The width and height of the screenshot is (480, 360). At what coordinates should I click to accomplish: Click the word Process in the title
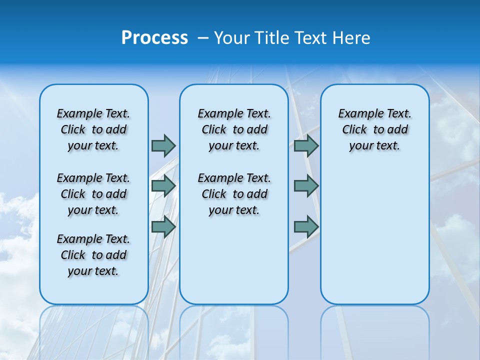click(x=154, y=38)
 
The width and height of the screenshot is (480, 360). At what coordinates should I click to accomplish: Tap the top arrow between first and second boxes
click(x=163, y=145)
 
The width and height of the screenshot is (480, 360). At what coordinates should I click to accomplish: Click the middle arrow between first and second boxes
click(x=163, y=186)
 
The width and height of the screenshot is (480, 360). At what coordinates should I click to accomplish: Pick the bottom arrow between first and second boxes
click(x=163, y=227)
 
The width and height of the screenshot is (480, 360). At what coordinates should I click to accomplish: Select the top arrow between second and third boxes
click(x=306, y=145)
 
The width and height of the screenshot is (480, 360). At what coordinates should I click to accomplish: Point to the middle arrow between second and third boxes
click(x=306, y=186)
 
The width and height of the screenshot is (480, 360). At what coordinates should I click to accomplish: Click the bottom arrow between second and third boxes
click(x=306, y=227)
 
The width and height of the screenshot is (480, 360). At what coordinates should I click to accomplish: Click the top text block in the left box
click(x=93, y=129)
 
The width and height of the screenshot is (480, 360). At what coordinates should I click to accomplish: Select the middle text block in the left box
click(x=93, y=194)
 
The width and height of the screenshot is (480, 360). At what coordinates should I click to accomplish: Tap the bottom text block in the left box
click(x=93, y=255)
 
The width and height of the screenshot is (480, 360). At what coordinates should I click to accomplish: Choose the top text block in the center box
click(x=234, y=129)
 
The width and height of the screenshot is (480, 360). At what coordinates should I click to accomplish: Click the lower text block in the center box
click(x=234, y=194)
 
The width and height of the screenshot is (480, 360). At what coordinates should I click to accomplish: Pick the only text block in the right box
click(x=374, y=129)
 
